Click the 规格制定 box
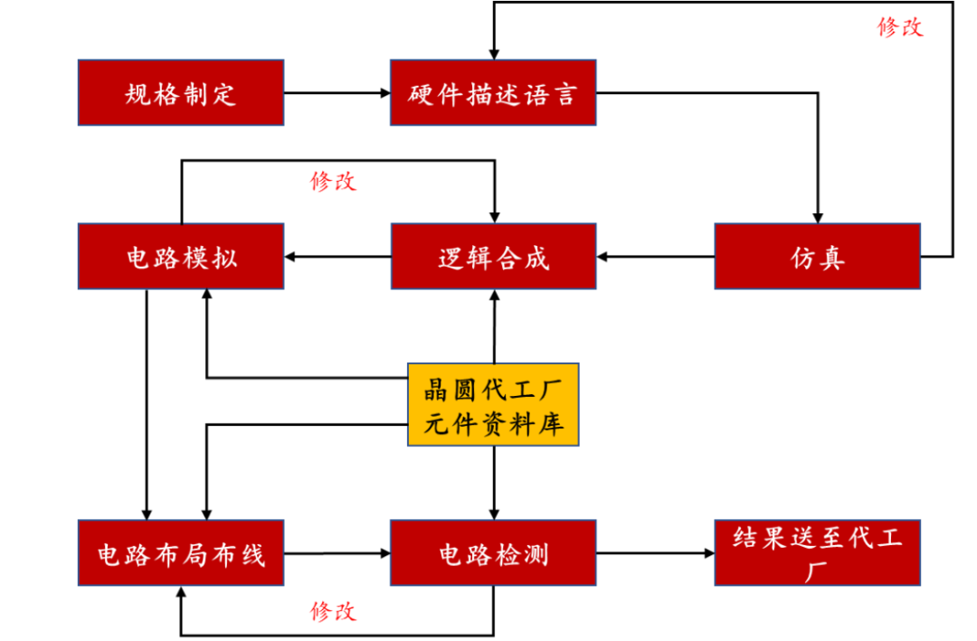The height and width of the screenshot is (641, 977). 181,92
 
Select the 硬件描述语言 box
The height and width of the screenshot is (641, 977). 493,92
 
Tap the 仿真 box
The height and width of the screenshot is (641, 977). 817,257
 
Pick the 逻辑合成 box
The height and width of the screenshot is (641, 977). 493,257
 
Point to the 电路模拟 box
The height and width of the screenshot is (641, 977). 181,257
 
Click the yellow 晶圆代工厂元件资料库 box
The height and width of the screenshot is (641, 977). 493,405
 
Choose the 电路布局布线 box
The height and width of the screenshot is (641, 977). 181,552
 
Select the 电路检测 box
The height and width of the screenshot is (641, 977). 493,552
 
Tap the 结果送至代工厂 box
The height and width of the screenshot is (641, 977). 817,552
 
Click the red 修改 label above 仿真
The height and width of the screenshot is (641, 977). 900,27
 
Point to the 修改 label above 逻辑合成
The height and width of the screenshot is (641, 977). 333,181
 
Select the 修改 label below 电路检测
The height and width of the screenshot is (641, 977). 333,611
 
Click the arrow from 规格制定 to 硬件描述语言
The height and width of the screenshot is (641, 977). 337,92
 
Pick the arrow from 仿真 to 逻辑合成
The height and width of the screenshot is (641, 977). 655,258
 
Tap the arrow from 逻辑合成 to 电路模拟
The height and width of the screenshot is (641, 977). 337,258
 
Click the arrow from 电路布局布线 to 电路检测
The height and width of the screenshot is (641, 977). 337,552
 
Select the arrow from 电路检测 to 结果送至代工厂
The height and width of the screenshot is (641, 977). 655,552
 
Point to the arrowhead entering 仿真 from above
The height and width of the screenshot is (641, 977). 817,217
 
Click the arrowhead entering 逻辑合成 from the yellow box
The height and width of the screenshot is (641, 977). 494,296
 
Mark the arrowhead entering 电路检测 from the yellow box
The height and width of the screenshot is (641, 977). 494,513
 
